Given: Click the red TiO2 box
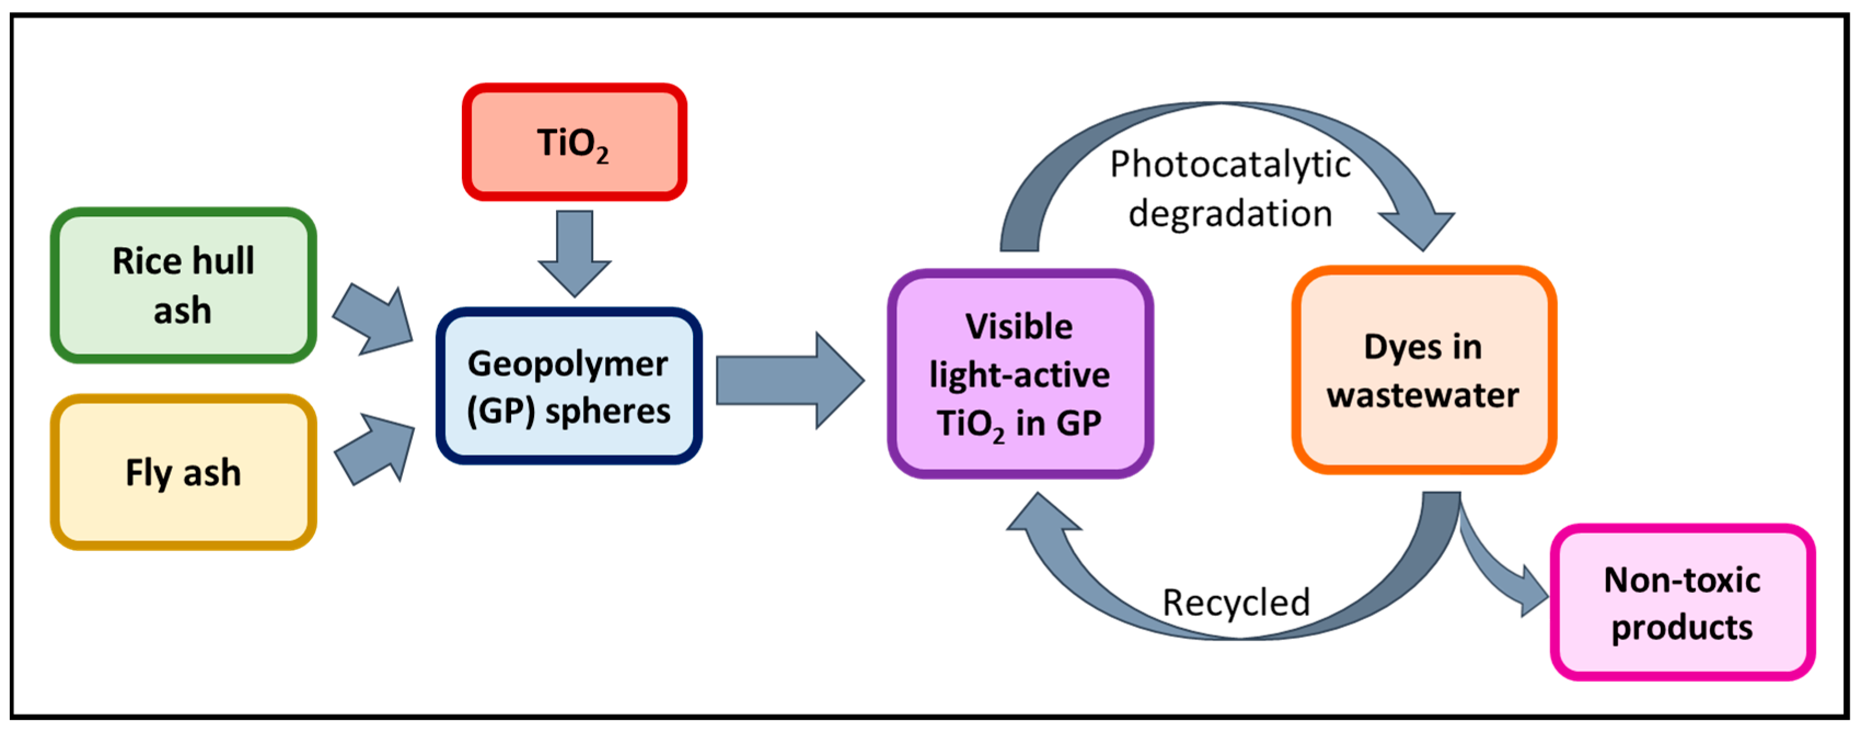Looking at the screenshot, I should (x=574, y=142).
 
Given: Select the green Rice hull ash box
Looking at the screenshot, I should (x=183, y=285).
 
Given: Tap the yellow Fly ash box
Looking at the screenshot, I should (x=183, y=472).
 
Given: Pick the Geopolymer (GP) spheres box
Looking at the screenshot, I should (x=569, y=386).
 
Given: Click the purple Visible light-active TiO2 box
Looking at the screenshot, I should (x=1020, y=374).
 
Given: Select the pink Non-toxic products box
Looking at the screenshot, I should (x=1682, y=602).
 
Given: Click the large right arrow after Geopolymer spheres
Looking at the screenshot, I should (x=789, y=380).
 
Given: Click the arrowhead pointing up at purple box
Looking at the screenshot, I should (x=1042, y=515).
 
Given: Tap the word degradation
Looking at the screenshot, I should (x=1230, y=214).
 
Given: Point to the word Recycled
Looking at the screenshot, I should (x=1236, y=602).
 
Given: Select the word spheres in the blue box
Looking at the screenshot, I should (x=608, y=411).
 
